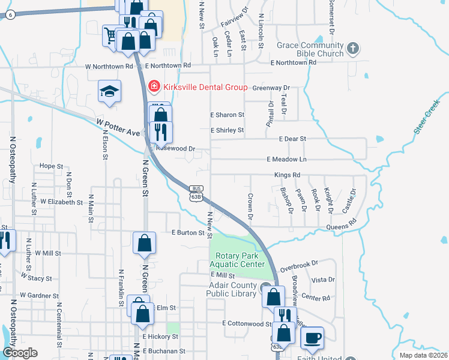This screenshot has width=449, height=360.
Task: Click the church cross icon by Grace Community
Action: pos(353,47)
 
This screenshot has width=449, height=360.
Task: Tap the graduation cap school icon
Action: pos(109,91)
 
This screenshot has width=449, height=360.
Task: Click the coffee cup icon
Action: pos(312,338)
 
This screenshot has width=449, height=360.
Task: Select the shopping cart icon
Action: pos(110,35)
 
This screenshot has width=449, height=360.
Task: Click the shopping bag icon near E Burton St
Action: pos(144,243)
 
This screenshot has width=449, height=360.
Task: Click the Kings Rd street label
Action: pos(287,175)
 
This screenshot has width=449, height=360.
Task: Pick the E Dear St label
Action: pos(293,139)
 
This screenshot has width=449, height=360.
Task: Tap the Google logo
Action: pos(20,353)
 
